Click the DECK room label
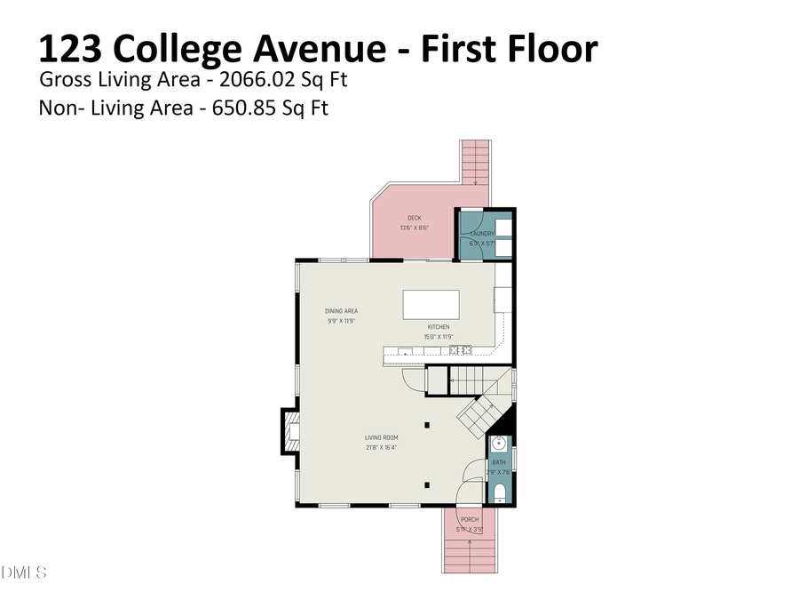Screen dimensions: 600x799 [x=414, y=218]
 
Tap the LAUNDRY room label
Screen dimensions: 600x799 [x=482, y=234]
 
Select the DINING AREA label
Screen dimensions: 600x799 [x=341, y=311]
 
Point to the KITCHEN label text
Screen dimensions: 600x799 [x=439, y=327]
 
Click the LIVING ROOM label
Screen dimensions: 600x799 [x=381, y=437]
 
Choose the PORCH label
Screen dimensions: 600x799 [x=469, y=520]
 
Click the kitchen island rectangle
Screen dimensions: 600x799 [x=431, y=304]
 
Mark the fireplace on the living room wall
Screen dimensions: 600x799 [x=291, y=433]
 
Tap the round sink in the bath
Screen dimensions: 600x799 [x=499, y=444]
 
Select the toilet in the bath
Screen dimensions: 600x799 [x=499, y=493]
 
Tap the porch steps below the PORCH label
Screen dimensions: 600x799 [x=468, y=556]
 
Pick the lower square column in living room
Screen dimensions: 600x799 [x=428, y=484]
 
